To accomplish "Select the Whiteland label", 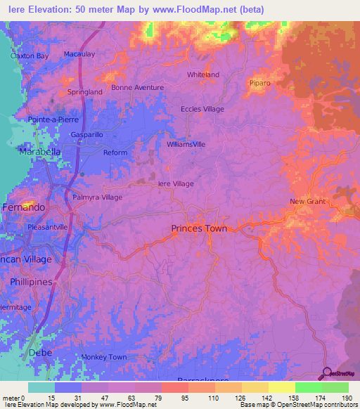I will (203, 74).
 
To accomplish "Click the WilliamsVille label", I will (186, 143).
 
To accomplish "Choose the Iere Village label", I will (176, 183).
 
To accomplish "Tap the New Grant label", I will (308, 202).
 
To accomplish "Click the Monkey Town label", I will (103, 357).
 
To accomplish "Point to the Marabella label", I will (40, 151).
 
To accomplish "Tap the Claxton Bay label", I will (29, 56).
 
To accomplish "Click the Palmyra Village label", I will (98, 197).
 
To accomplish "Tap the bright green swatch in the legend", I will (309, 387).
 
